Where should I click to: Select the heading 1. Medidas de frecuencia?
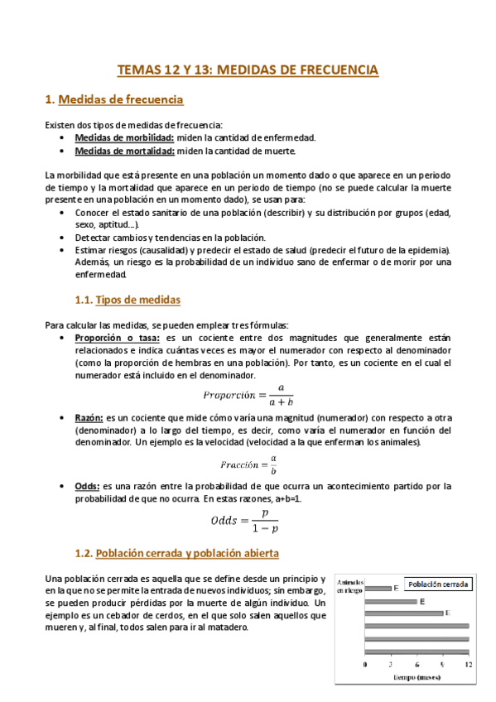tap(113, 99)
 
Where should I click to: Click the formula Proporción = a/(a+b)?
tap(248, 392)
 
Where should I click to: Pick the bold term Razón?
tap(89, 419)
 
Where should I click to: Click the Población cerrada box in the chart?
tap(437, 584)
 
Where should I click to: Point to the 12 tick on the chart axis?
tap(469, 664)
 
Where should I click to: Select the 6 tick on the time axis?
tap(417, 664)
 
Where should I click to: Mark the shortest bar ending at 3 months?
tap(378, 589)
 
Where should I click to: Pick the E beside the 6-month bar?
tap(422, 602)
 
